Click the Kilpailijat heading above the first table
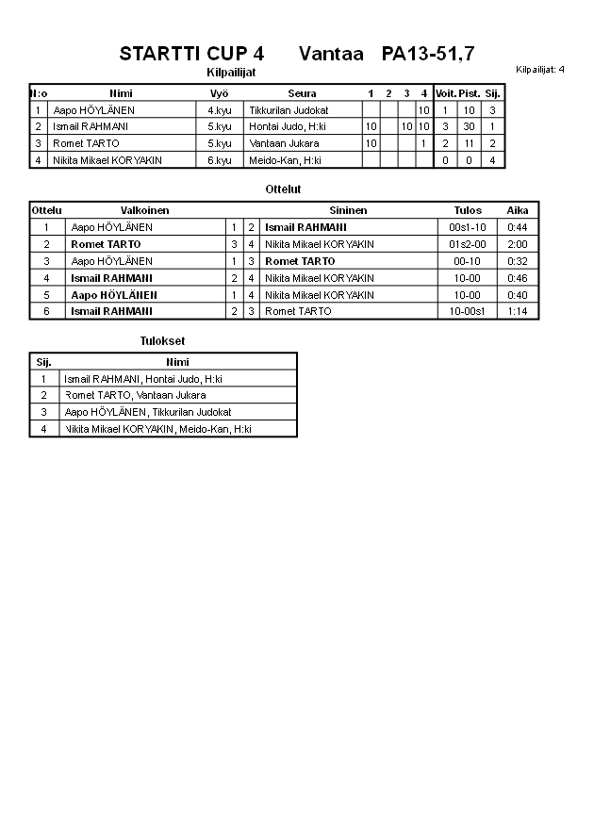(x=231, y=73)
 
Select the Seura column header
(x=302, y=93)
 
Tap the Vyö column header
(x=220, y=93)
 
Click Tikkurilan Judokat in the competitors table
(x=289, y=110)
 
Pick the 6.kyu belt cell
(x=220, y=160)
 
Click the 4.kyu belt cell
(x=220, y=110)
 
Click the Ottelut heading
(x=283, y=189)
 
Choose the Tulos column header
(x=467, y=210)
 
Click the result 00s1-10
(x=467, y=227)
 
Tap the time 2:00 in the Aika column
(x=518, y=244)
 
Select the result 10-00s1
(x=467, y=311)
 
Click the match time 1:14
(x=518, y=311)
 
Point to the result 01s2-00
(x=467, y=244)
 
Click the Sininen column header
(x=348, y=210)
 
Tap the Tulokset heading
(x=162, y=341)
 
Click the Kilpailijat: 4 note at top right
(x=540, y=70)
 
